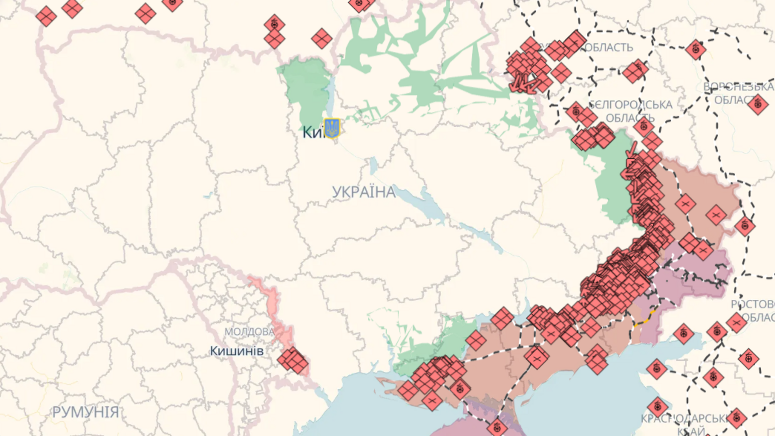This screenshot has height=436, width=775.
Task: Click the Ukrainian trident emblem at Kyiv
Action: tap(332, 128)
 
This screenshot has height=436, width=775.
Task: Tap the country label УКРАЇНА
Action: tap(364, 192)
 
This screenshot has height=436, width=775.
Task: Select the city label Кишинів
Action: tap(237, 351)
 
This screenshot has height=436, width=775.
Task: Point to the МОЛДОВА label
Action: tap(249, 332)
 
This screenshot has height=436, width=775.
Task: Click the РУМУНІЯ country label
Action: tap(86, 412)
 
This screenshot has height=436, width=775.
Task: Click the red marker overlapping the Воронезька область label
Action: tap(758, 104)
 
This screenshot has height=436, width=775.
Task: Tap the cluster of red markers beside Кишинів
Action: tap(293, 360)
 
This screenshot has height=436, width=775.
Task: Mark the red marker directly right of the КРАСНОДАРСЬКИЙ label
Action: tap(736, 418)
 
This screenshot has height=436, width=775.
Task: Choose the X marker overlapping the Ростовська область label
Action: tap(736, 322)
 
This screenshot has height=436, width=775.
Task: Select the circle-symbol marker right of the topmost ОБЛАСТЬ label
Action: tap(696, 49)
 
